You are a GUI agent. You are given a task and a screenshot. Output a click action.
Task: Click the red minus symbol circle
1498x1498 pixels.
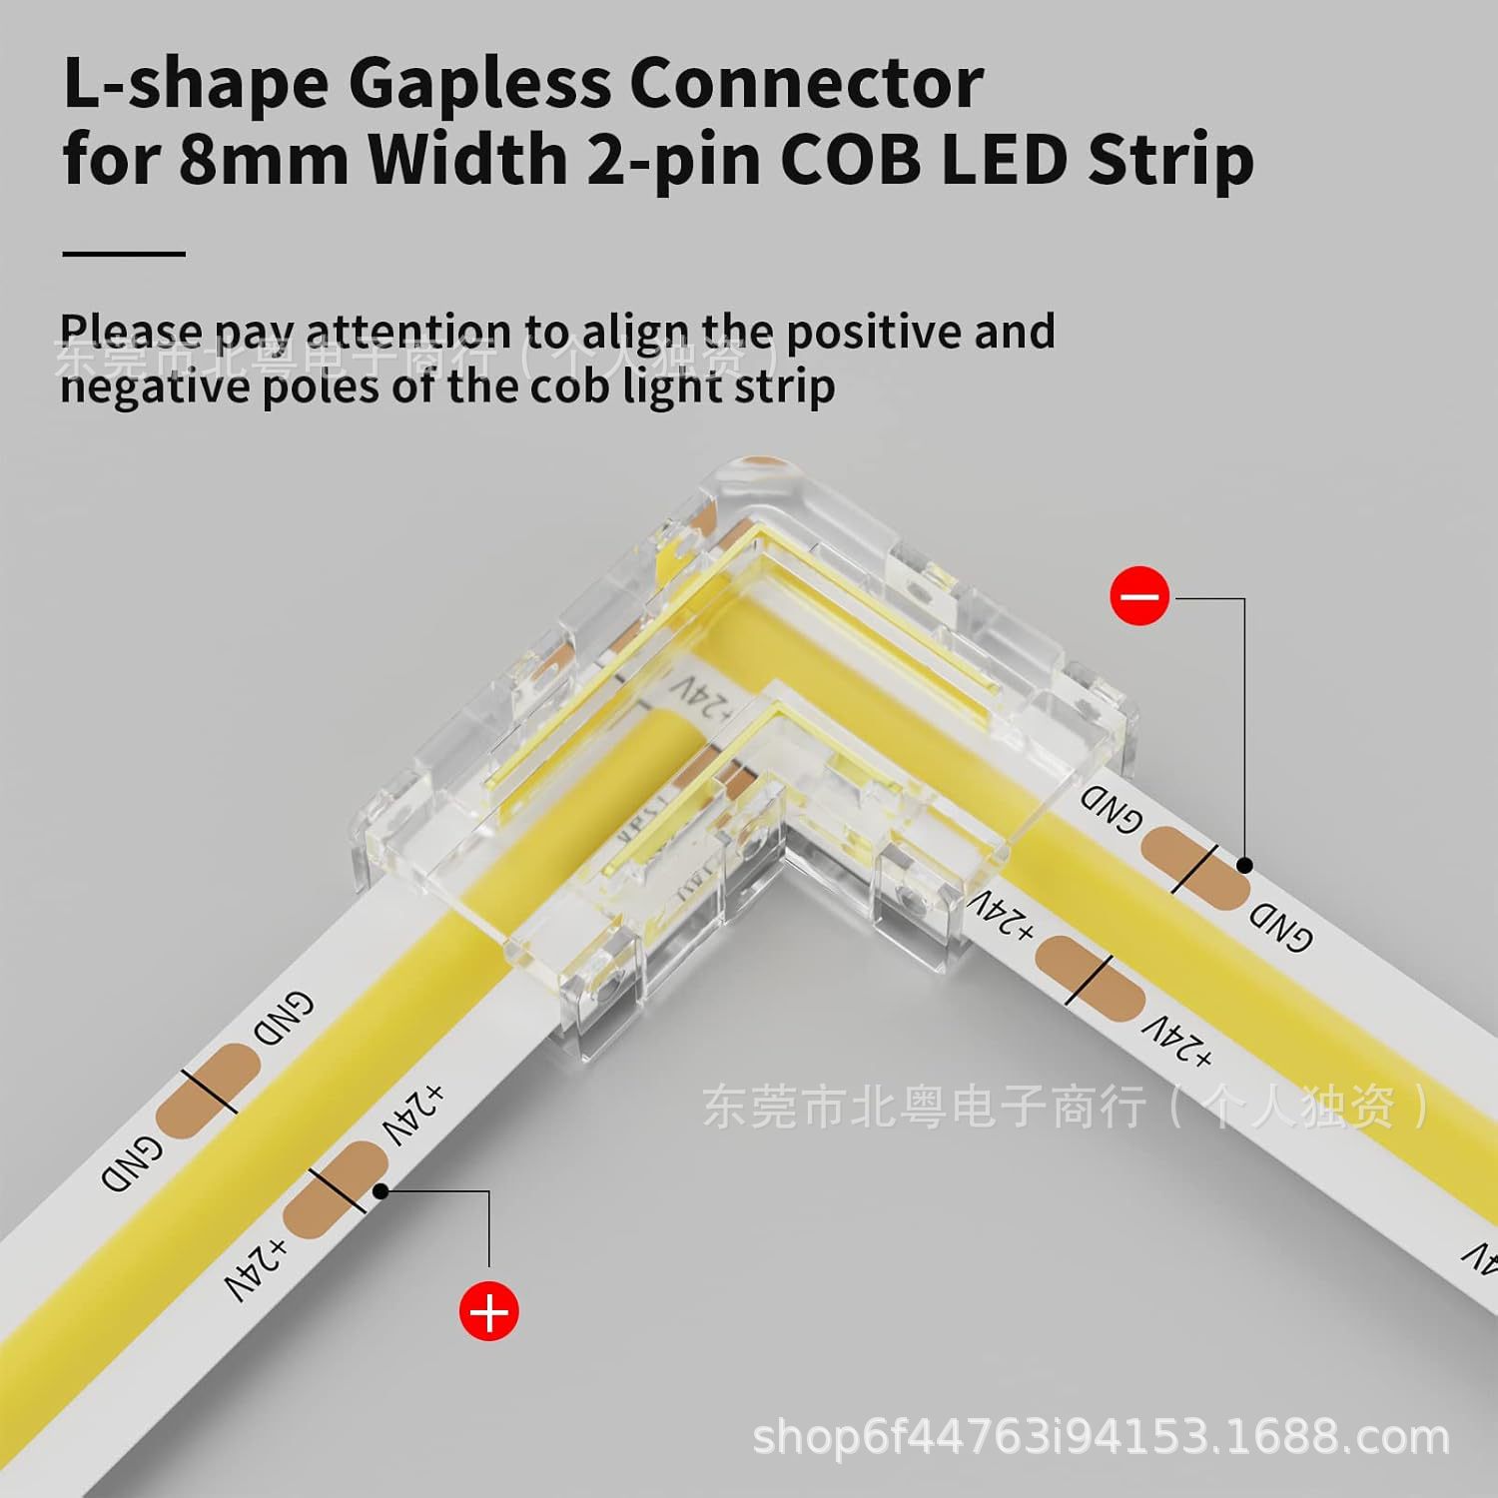[x=1138, y=597]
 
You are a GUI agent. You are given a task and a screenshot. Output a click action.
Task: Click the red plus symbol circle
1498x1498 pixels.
[x=489, y=1311]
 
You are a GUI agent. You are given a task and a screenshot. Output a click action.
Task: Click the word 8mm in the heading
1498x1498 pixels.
[x=264, y=159]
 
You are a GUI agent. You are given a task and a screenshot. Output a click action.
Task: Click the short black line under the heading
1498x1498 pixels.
[x=124, y=254]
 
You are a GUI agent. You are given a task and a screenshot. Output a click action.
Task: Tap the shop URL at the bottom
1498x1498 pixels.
[x=1100, y=1438]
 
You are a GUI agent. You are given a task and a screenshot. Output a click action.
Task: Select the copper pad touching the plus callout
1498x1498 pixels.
[x=336, y=1190]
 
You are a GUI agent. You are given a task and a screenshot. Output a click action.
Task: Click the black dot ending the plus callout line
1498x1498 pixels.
[x=379, y=1190]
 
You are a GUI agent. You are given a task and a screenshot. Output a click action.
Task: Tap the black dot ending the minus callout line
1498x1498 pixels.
[x=1244, y=865]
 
